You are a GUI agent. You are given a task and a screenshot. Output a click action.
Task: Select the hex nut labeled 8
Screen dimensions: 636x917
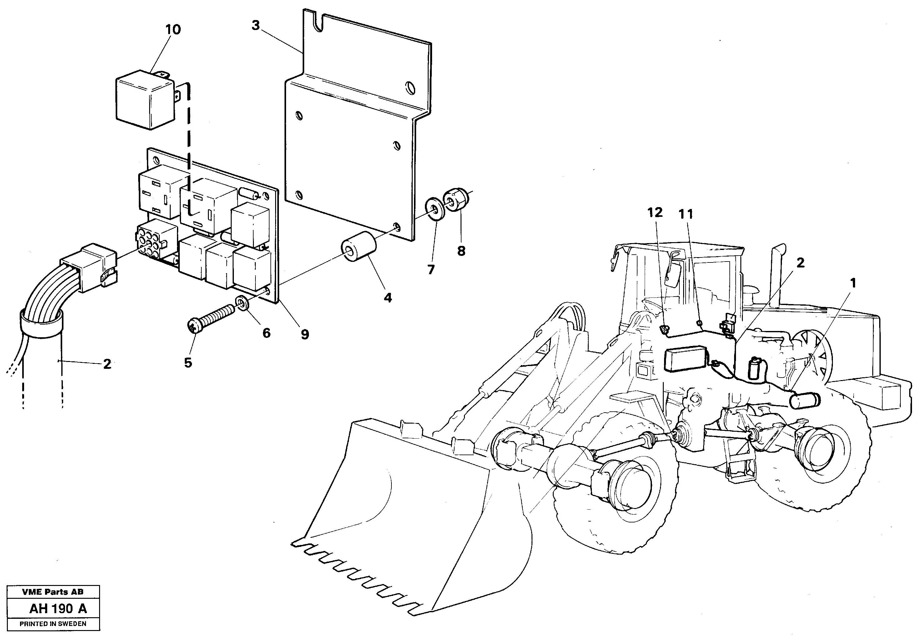(457, 200)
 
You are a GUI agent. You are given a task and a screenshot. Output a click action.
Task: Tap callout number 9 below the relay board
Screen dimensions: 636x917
(305, 335)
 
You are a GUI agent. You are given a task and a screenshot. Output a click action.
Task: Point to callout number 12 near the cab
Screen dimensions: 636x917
(655, 212)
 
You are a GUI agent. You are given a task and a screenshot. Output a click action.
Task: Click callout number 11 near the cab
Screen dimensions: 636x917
(686, 214)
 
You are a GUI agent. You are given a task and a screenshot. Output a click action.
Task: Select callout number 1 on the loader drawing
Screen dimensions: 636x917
(853, 283)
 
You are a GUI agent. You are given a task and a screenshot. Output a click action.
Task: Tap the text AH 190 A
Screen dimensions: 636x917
(58, 608)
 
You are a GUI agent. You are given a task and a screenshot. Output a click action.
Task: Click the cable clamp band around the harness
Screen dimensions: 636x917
(42, 323)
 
